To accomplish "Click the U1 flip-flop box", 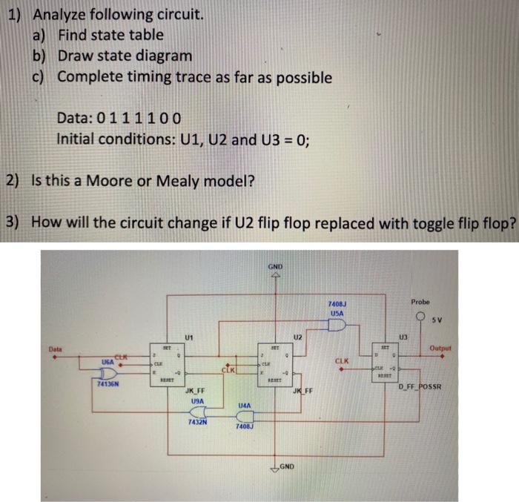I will pos(165,363).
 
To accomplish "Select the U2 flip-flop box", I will pos(273,363).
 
